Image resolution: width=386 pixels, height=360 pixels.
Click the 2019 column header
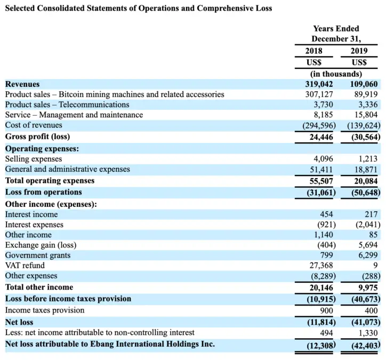coord(358,52)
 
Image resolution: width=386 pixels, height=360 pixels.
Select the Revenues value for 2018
coord(318,84)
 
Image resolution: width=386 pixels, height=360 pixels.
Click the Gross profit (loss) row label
coord(38,137)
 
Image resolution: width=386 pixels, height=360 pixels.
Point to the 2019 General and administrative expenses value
coord(366,169)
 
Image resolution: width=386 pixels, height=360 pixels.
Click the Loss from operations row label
coord(44,192)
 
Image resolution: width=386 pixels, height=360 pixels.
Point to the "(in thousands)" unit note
coord(336,74)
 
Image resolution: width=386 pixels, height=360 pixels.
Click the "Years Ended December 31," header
coord(336,34)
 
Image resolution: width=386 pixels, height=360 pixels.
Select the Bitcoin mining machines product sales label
coord(115,94)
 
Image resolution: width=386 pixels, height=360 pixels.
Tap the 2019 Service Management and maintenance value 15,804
coord(366,115)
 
